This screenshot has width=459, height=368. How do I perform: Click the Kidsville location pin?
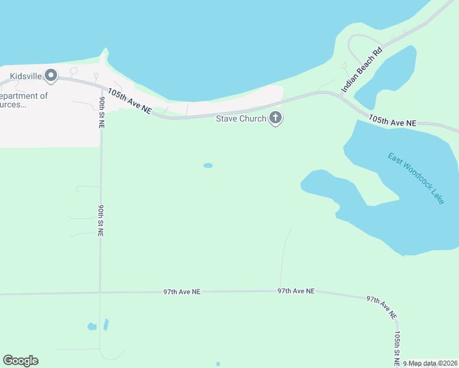coord(51,77)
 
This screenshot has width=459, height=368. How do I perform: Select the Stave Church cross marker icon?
coord(276,118)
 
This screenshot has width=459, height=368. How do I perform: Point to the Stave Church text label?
coord(241,118)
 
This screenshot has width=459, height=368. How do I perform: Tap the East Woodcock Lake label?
coord(415,178)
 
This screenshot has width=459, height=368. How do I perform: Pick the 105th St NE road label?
coord(398,347)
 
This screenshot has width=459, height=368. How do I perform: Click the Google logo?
coord(20,361)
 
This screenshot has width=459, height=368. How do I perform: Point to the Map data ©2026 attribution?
coord(433,364)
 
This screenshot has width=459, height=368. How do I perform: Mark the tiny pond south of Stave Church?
coord(208,166)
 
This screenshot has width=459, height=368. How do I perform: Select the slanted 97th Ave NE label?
coord(382,306)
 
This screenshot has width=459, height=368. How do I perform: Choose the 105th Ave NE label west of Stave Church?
coord(129,100)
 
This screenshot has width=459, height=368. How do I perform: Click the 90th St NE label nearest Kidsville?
coord(101,111)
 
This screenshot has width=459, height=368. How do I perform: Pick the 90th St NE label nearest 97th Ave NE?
coord(100,220)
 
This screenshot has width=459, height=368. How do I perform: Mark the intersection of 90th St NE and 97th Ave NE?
coord(100,293)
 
